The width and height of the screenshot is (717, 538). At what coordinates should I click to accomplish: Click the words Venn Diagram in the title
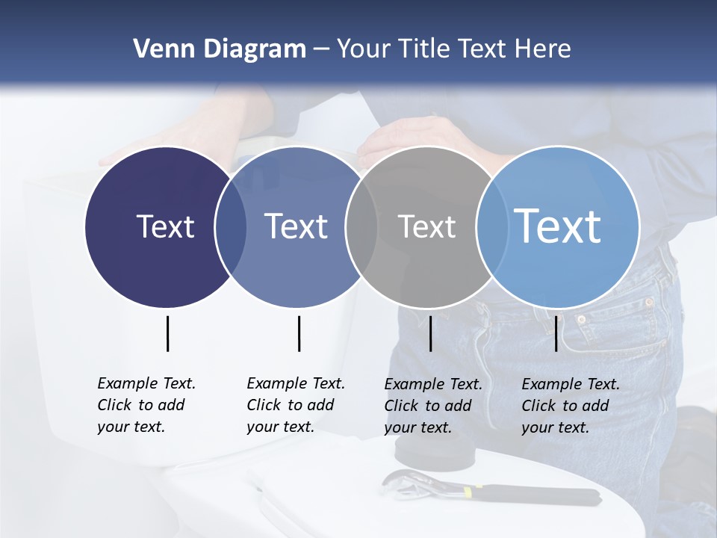click(x=219, y=49)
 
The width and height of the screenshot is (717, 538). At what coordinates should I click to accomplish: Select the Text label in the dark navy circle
click(x=165, y=226)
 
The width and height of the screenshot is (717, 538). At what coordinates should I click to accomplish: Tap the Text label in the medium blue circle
click(x=296, y=226)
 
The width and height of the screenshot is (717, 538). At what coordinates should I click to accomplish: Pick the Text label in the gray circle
click(x=426, y=226)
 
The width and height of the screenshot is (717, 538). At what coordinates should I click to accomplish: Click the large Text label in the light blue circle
click(x=557, y=226)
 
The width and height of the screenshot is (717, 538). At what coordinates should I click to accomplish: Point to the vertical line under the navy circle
click(x=167, y=333)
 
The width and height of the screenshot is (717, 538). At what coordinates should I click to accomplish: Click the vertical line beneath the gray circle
click(x=430, y=333)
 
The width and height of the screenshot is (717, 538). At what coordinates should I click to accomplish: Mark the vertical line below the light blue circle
click(x=556, y=333)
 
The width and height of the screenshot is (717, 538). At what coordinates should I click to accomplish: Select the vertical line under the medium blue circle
click(x=299, y=333)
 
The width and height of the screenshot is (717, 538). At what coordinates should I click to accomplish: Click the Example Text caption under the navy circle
click(x=146, y=405)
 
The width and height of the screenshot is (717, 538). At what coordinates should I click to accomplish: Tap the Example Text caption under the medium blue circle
click(x=295, y=405)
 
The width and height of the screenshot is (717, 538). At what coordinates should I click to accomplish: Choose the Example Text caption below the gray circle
click(x=432, y=406)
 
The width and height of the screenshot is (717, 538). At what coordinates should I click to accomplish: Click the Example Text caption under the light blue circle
click(x=570, y=406)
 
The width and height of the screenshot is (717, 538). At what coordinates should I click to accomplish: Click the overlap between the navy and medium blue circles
click(x=231, y=226)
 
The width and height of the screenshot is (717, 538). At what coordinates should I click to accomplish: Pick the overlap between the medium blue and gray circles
click(x=361, y=226)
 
